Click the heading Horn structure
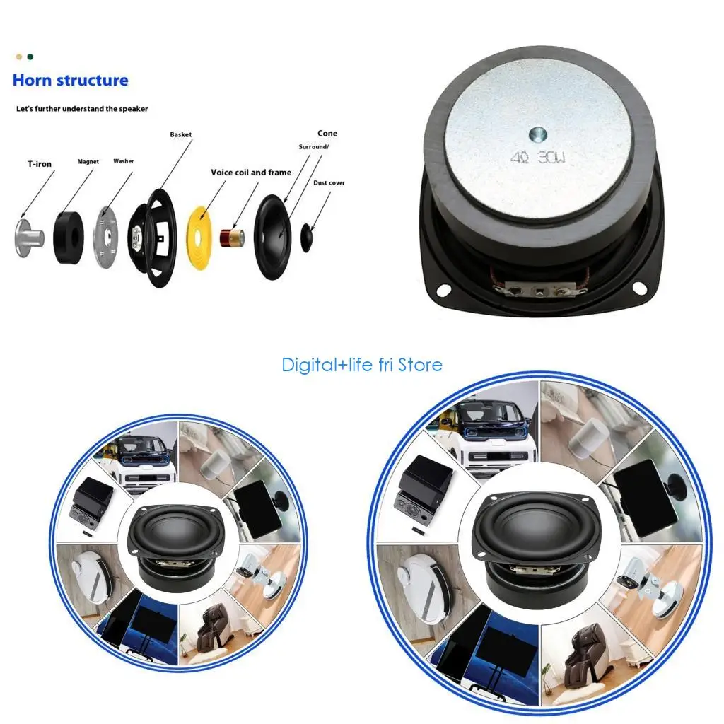pos(70,81)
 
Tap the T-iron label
pos(40,164)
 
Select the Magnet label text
pos(88,162)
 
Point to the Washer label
pos(123,161)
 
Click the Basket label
pos(180,134)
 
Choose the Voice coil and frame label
pos(251,173)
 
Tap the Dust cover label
pos(329,183)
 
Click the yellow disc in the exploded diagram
pos(198,236)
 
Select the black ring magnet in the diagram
pos(69,238)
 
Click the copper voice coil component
pos(232,238)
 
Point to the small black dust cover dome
pos(307,238)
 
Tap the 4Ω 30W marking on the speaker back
pos(538,158)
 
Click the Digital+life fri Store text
pos(362,365)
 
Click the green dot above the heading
pos(30,57)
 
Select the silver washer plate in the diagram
pos(106,237)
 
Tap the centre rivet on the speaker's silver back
pos(537,135)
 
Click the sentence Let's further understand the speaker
pos(82,109)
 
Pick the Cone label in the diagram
pos(327,134)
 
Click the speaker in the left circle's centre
pos(177,548)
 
